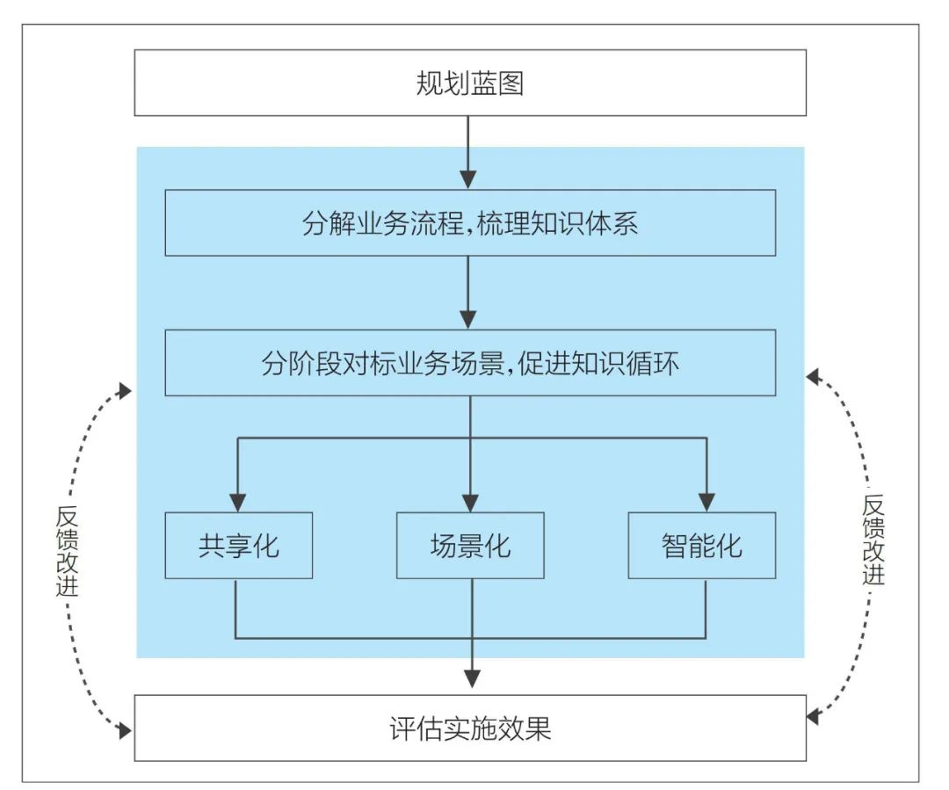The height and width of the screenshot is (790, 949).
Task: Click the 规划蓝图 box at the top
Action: (470, 83)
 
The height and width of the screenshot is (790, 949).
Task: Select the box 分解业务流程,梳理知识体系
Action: (470, 223)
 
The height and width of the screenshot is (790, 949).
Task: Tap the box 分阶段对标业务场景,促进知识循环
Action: (470, 363)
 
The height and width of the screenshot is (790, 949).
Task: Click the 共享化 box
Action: (238, 545)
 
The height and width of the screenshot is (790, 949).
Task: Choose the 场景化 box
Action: (470, 545)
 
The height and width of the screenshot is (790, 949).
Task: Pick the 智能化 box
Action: (701, 545)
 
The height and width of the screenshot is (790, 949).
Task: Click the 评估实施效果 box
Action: (470, 728)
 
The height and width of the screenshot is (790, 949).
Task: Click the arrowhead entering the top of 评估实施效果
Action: (472, 678)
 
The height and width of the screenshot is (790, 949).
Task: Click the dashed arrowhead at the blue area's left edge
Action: (126, 388)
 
